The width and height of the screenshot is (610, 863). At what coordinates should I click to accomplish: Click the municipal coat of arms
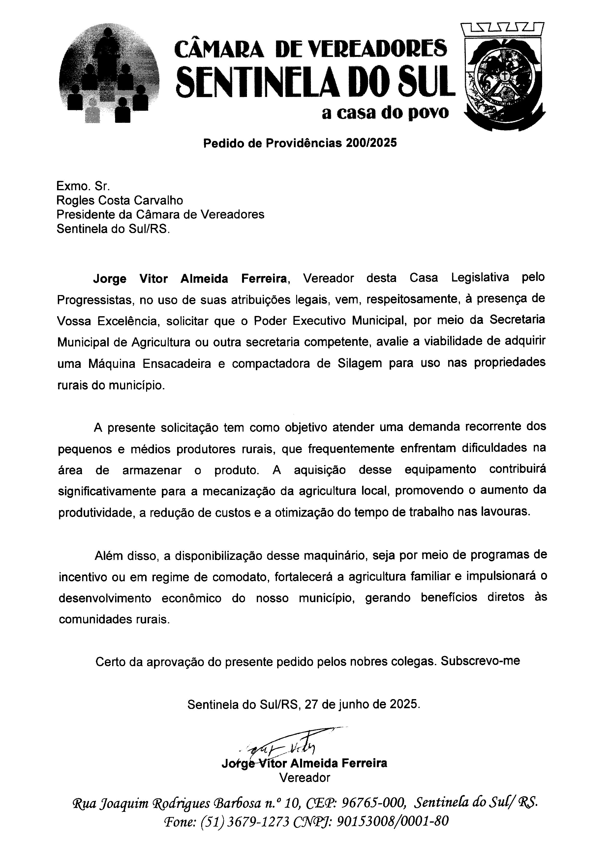coord(503,77)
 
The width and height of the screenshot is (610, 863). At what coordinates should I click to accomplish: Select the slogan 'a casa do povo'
coord(385,112)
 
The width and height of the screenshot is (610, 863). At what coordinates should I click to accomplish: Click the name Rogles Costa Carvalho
coord(120,200)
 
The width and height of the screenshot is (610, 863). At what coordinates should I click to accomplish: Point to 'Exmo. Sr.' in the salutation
coord(78,186)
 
